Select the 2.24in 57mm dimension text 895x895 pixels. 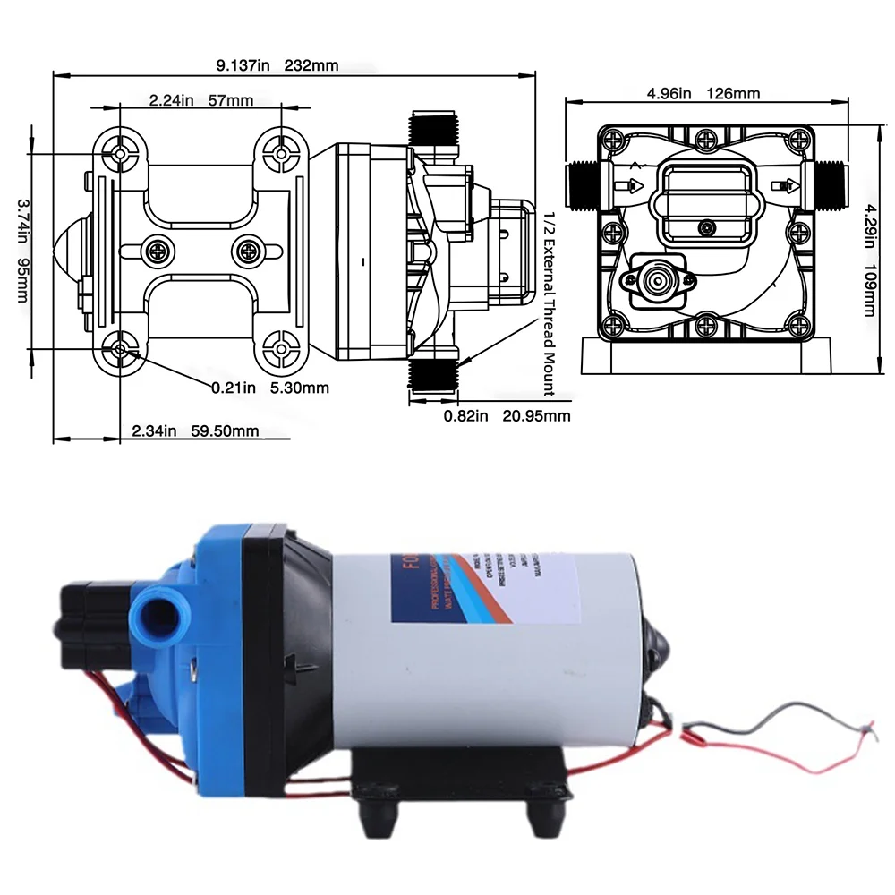(201, 100)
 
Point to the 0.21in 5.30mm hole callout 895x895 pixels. (269, 388)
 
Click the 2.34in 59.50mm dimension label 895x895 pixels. (195, 431)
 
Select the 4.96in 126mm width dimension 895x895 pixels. (703, 93)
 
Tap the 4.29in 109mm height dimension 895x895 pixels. (870, 260)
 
